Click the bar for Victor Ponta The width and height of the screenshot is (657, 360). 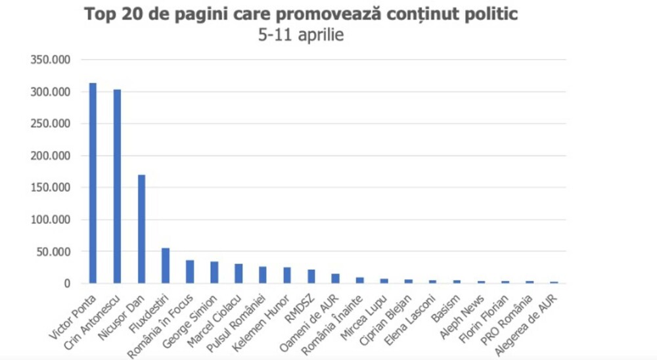(93, 183)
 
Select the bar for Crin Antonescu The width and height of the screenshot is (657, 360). (117, 187)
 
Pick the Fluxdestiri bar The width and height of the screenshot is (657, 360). (166, 265)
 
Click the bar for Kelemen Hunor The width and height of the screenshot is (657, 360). (287, 275)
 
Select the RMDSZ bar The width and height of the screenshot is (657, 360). (311, 277)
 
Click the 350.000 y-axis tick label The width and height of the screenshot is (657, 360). (51, 60)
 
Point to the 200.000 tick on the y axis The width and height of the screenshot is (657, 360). (51, 156)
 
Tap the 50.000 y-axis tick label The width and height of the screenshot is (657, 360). (53, 252)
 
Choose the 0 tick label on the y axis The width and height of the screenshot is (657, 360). (67, 284)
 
